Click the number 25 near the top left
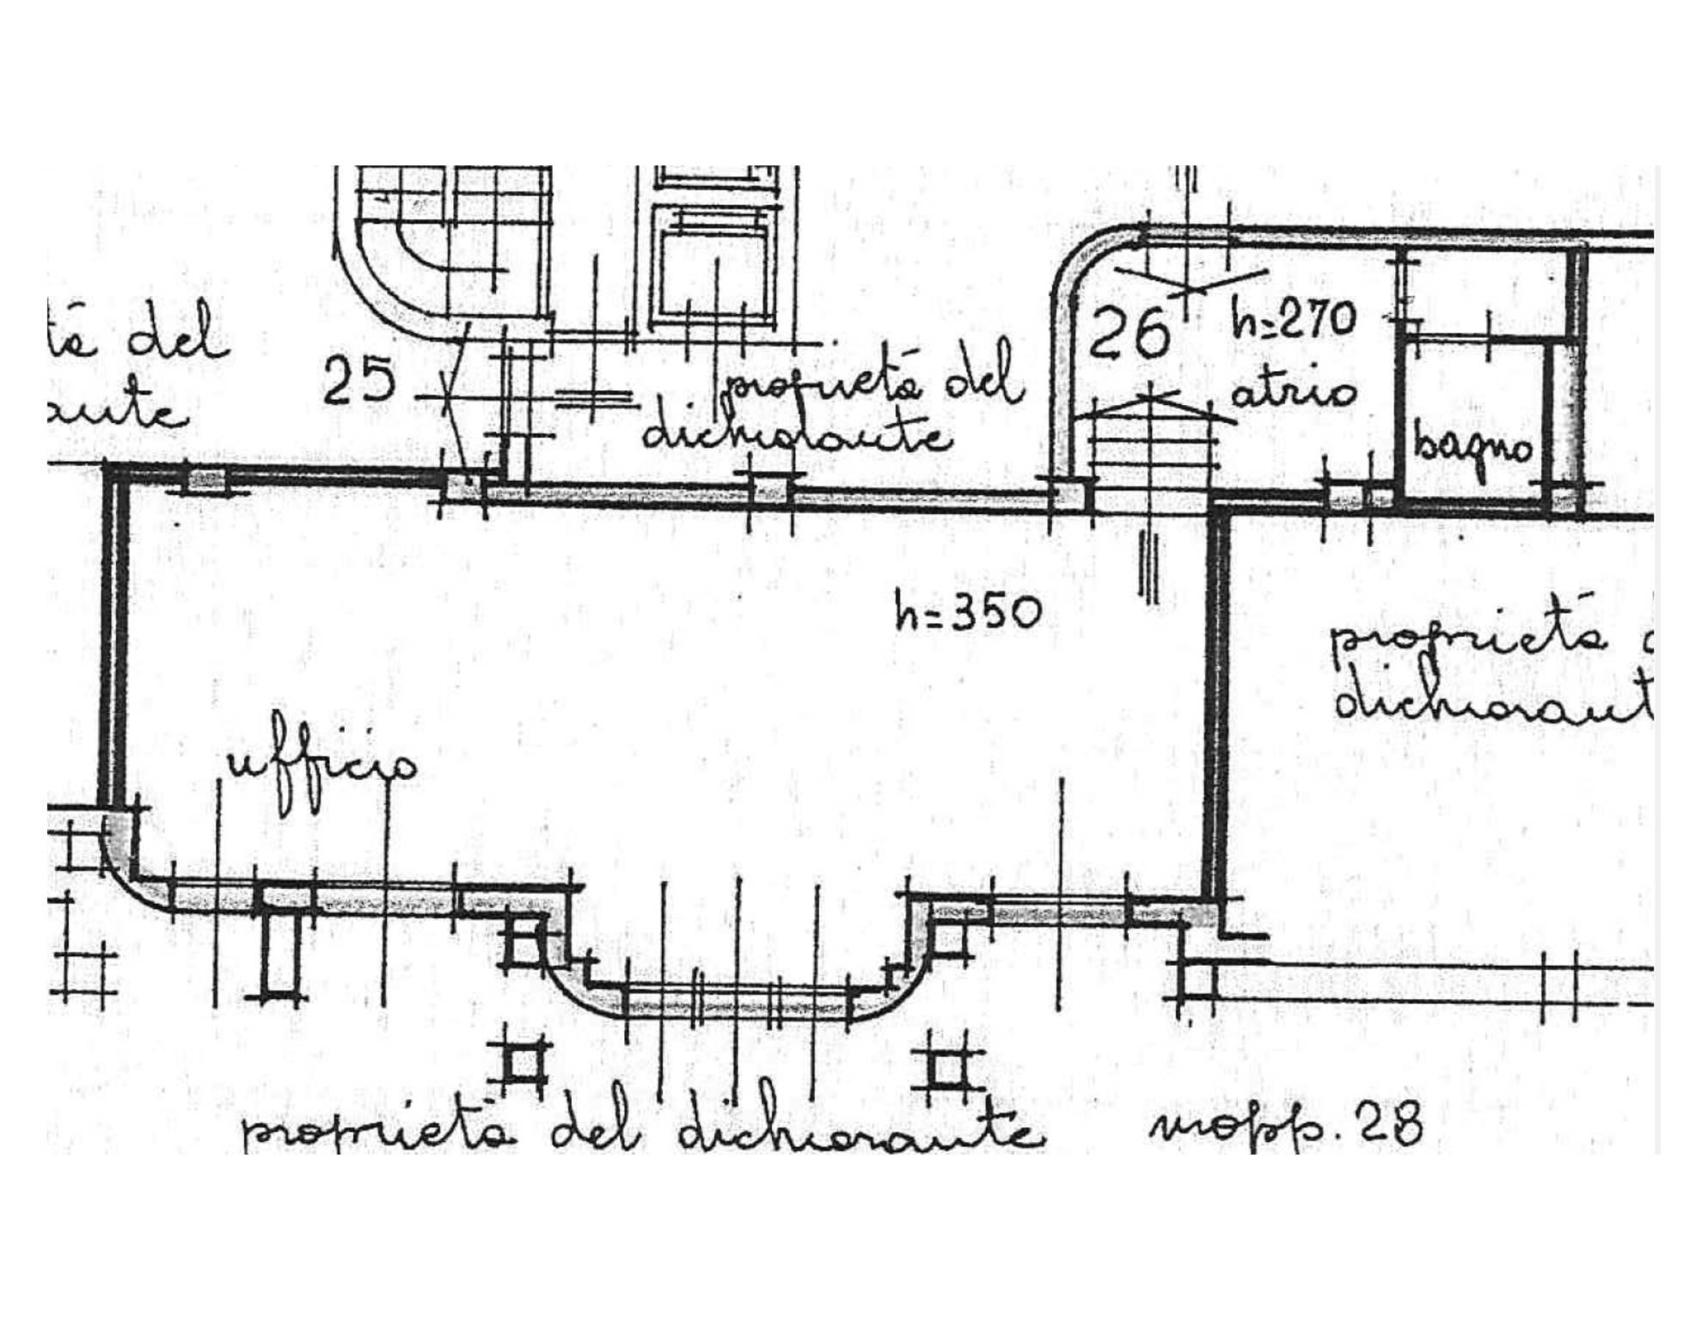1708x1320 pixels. click(358, 380)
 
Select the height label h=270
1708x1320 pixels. click(1293, 321)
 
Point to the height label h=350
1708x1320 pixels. click(968, 613)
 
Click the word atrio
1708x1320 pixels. click(1293, 393)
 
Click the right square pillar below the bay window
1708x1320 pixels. click(946, 1071)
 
